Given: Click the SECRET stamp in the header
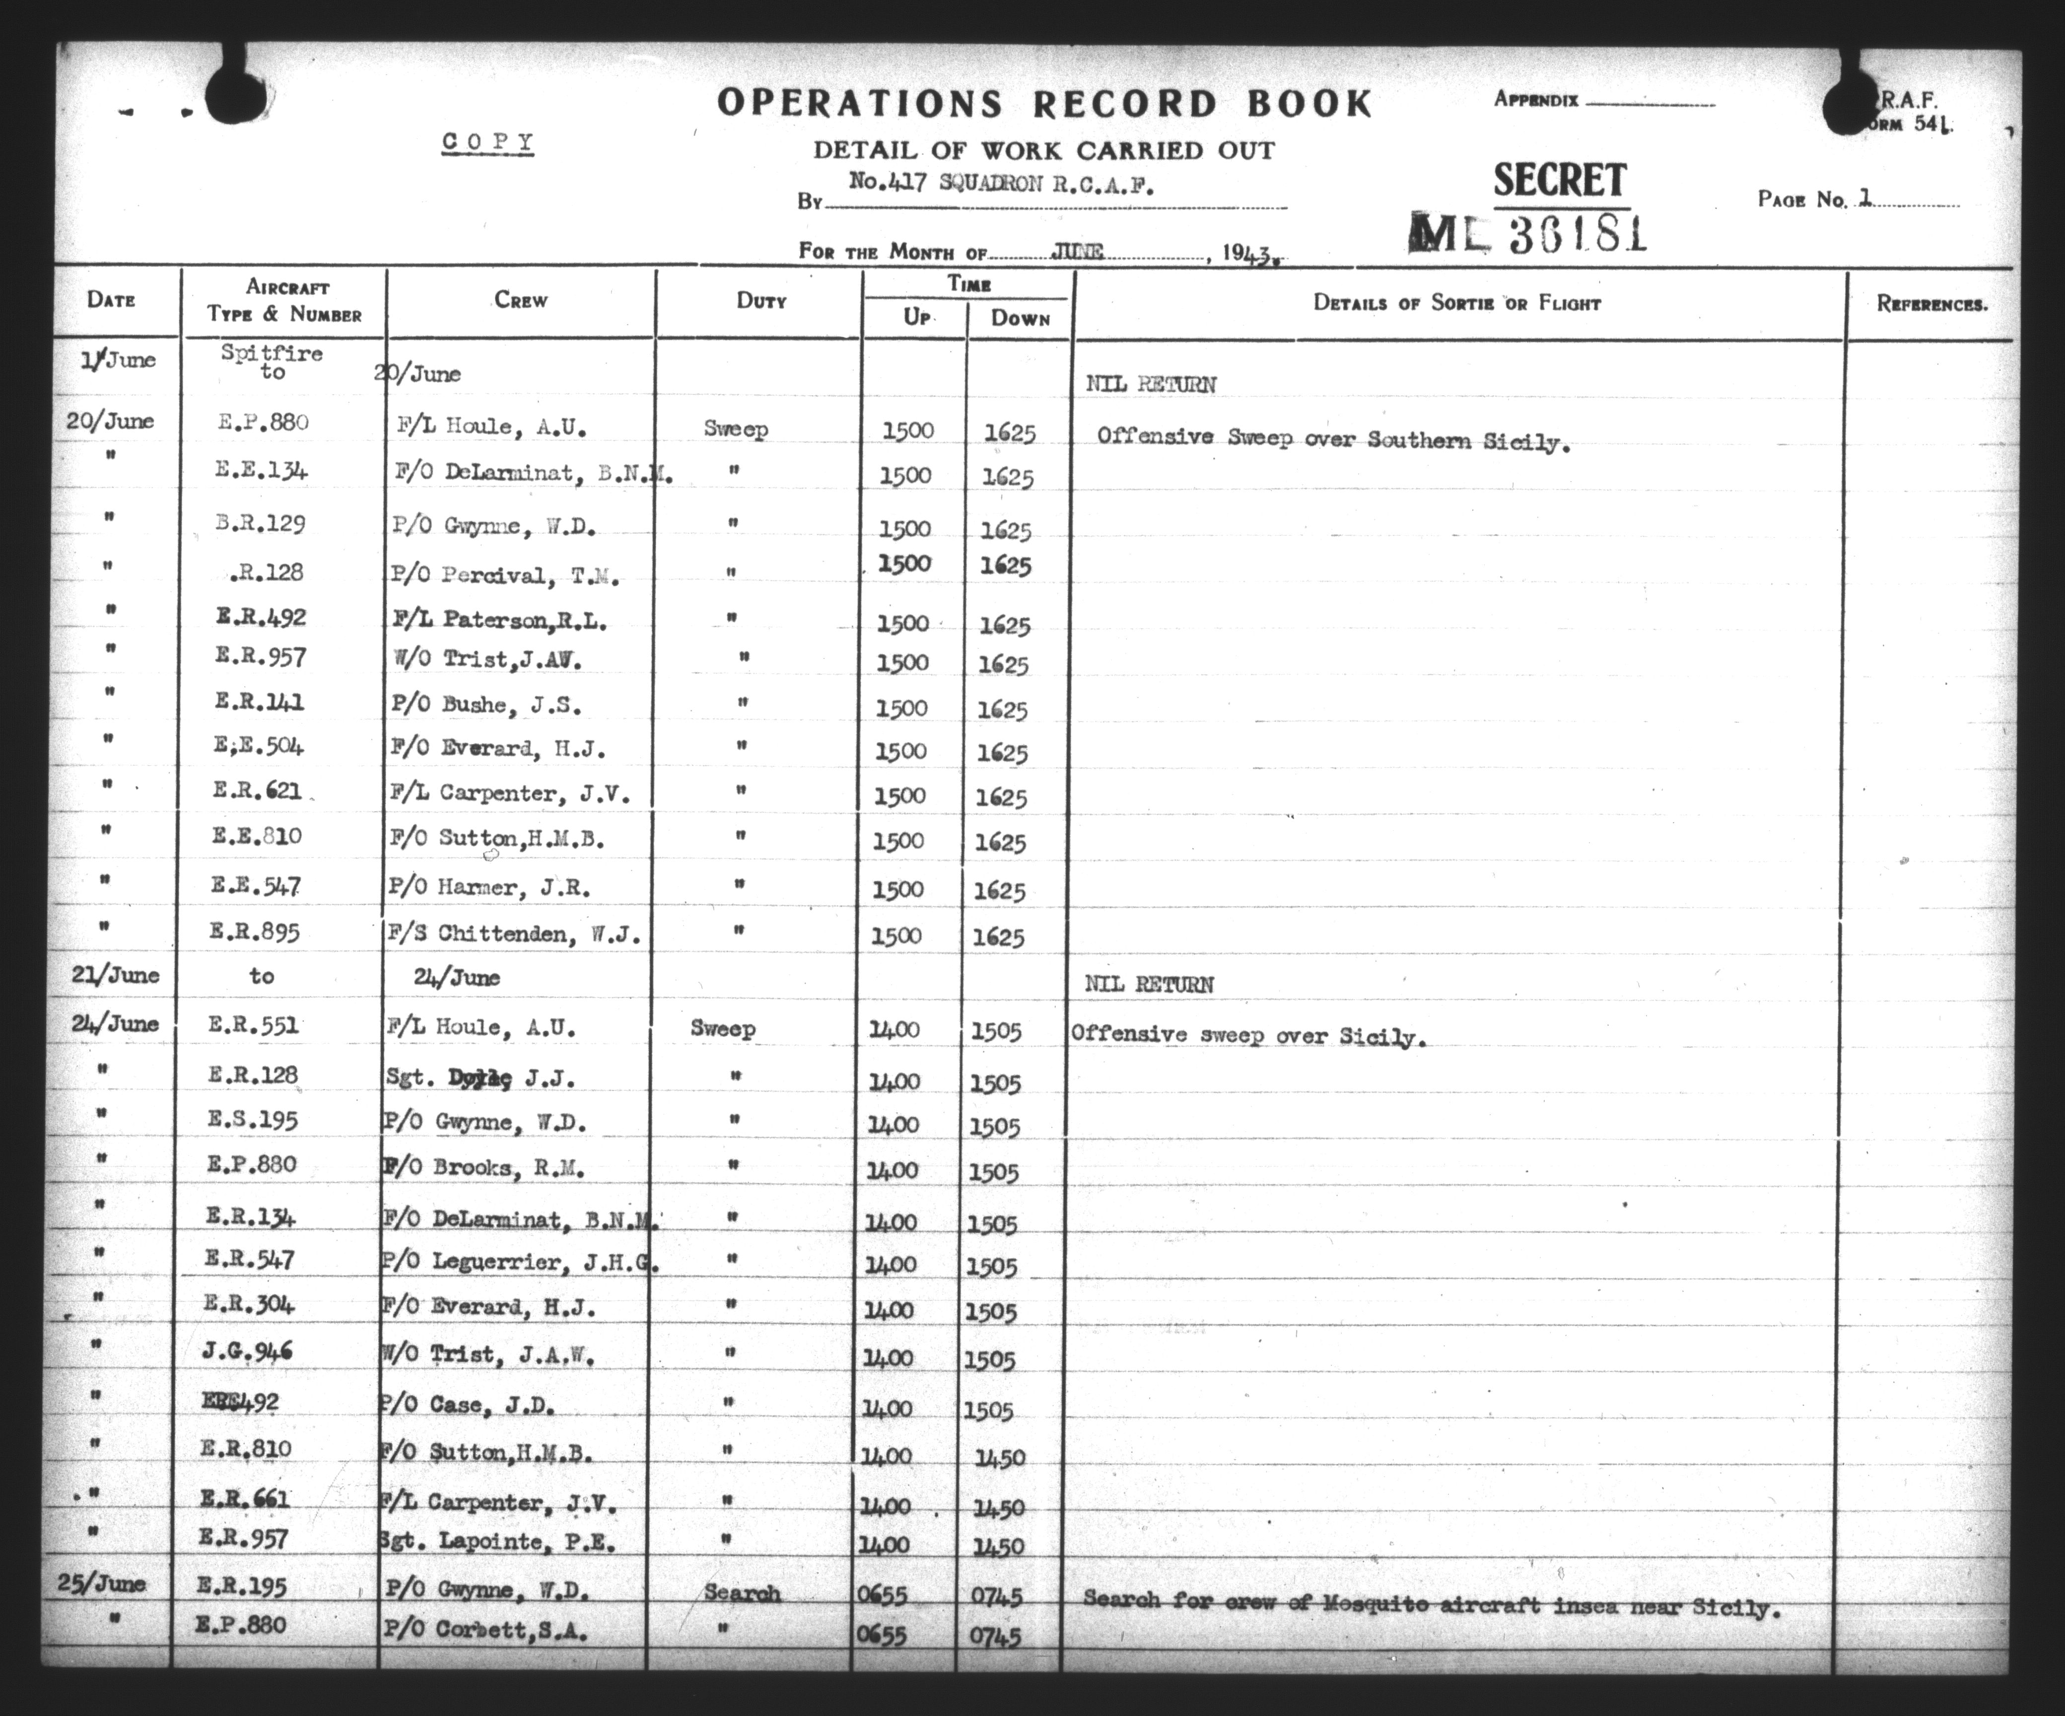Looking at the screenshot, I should [x=1560, y=181].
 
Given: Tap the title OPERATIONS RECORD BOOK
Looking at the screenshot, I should [x=1044, y=103].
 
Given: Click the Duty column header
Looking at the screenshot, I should [x=761, y=301].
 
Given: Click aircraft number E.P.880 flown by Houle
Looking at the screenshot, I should [x=264, y=423].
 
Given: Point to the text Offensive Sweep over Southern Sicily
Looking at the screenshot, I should [x=1332, y=438].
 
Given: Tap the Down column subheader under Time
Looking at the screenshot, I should [x=1020, y=319].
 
